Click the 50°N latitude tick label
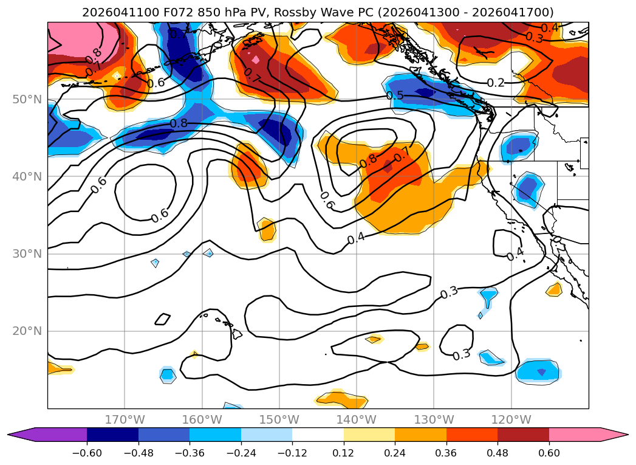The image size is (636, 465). (27, 100)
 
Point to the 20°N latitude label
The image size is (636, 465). (27, 331)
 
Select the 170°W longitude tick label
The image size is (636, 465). (125, 419)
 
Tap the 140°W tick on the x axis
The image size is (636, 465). (357, 419)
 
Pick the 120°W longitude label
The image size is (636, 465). (511, 419)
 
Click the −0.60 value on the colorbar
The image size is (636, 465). (87, 453)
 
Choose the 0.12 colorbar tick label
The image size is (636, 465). (344, 453)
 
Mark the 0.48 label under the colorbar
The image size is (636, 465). (498, 453)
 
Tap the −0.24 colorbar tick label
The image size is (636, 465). (241, 453)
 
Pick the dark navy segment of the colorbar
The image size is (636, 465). (112, 435)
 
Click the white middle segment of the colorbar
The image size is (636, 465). (318, 435)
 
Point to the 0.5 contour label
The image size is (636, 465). (395, 95)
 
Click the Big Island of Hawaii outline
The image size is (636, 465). (237, 334)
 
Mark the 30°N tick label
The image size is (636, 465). (27, 254)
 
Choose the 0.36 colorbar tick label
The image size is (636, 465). (446, 453)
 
